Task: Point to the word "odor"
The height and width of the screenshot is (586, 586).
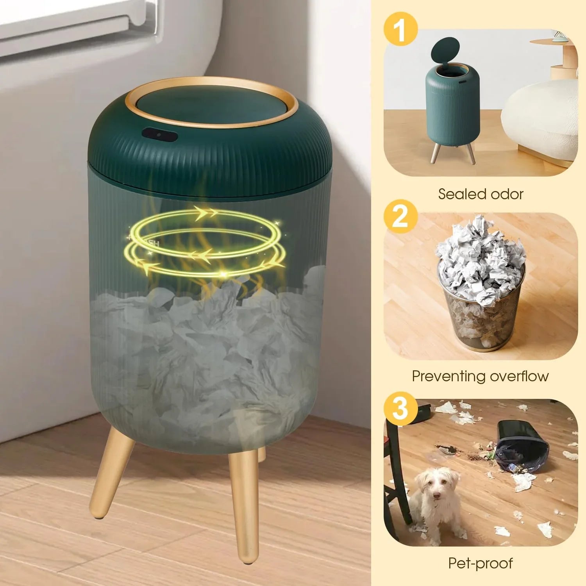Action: (x=506, y=194)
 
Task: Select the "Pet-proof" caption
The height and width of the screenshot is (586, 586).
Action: (x=480, y=563)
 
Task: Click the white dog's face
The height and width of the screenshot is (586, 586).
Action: (x=435, y=488)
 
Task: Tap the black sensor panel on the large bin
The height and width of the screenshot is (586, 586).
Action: (x=160, y=135)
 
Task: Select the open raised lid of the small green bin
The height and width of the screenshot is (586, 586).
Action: (x=445, y=50)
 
